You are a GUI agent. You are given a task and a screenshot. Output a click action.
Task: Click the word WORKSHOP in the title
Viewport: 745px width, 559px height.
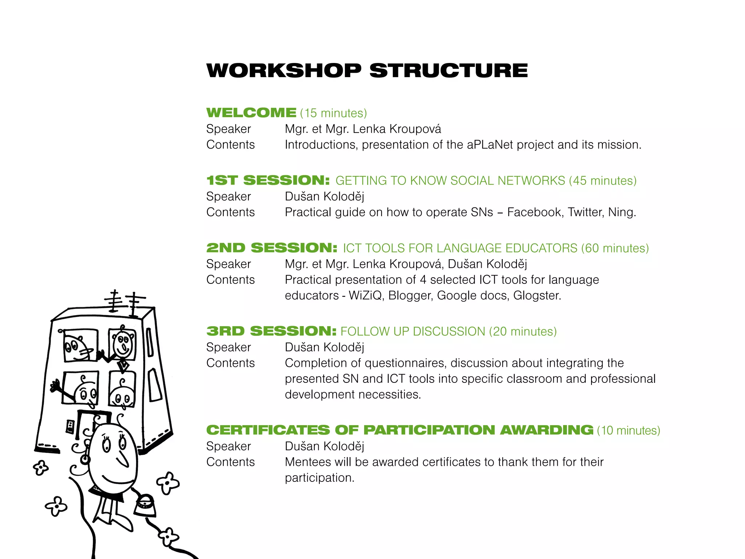pos(284,71)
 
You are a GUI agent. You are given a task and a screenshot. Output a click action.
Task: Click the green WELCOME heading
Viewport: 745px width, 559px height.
pos(251,113)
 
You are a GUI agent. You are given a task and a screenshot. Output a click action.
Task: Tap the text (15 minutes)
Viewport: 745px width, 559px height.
pos(334,113)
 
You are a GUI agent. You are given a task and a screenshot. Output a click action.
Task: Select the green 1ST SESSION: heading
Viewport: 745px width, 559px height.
pos(268,181)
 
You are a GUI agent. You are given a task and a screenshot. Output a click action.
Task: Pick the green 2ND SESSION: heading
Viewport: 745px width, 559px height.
pos(272,248)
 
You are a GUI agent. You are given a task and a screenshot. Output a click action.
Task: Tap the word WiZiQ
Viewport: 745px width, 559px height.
pos(365,296)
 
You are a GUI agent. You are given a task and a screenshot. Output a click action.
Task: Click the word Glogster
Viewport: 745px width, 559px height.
pos(537,296)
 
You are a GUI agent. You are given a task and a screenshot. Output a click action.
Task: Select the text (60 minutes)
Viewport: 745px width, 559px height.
pos(615,248)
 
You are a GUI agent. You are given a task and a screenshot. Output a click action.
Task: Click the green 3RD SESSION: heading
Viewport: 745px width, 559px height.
pos(271,332)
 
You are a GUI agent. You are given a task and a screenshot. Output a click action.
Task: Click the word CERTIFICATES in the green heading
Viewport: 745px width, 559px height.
pos(268,430)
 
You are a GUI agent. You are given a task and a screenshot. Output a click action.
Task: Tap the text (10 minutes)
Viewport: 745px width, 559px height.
pos(628,431)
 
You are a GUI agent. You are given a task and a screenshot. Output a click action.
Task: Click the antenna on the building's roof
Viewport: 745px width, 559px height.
pos(124,302)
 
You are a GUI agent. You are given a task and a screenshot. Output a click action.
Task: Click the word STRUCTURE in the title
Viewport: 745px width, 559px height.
pos(449,71)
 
